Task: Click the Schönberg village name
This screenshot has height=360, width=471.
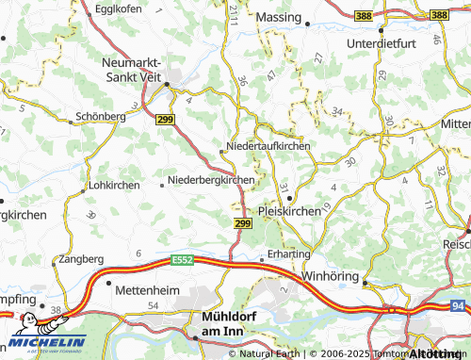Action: point(99,117)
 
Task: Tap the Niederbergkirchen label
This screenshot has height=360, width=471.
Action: point(211,180)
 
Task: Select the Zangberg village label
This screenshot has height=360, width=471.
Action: point(81,258)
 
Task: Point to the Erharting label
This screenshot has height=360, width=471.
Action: point(288,254)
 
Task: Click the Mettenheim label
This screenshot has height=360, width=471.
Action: point(146,291)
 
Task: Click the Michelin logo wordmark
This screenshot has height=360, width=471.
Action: point(47,341)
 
